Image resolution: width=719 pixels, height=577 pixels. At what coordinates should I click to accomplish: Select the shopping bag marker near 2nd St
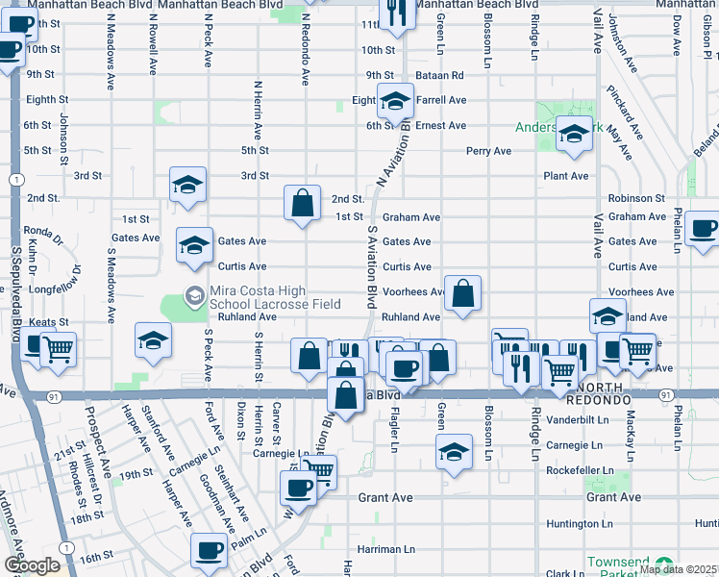302,203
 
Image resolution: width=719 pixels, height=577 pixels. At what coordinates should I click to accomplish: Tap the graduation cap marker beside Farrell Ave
394,100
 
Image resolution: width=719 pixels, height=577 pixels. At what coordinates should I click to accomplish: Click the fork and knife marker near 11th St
394,13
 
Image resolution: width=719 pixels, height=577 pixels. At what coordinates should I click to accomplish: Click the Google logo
32,565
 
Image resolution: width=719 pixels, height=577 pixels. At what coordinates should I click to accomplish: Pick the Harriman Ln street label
384,549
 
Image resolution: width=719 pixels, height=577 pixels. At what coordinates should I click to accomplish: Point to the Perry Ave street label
488,151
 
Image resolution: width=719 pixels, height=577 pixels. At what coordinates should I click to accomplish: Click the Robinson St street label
636,197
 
